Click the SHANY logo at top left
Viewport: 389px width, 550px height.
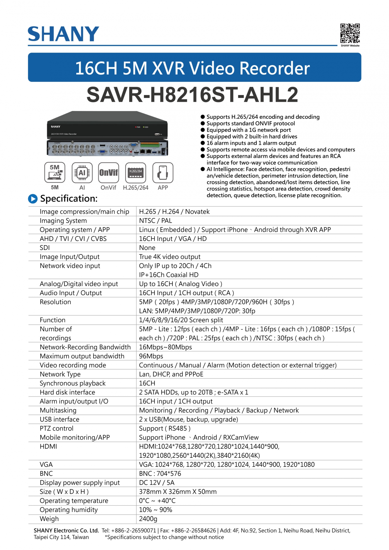tap(63, 34)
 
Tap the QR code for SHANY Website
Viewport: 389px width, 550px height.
tap(350, 33)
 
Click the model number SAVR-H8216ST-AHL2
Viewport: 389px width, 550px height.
tap(192, 95)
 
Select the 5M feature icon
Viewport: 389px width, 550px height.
tap(55, 172)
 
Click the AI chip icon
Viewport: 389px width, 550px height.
tap(82, 172)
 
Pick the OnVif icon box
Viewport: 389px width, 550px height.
tap(109, 172)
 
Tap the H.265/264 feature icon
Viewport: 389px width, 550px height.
tap(136, 172)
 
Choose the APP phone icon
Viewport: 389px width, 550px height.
tap(163, 172)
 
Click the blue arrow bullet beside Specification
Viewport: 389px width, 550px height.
tap(33, 199)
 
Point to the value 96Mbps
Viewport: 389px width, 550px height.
tap(151, 356)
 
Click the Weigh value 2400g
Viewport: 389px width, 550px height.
tap(148, 519)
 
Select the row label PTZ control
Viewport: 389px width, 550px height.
tap(56, 428)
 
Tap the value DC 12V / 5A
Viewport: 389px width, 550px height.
tap(157, 483)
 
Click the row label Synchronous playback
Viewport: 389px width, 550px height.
tap(73, 383)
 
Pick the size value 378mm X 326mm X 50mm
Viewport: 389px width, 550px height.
tap(178, 492)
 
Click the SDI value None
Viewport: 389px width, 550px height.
tap(147, 248)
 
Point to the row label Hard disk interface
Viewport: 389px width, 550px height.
tap(67, 392)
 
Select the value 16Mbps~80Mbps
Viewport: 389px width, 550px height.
tap(165, 347)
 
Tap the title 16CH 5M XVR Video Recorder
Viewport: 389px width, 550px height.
tap(192, 68)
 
